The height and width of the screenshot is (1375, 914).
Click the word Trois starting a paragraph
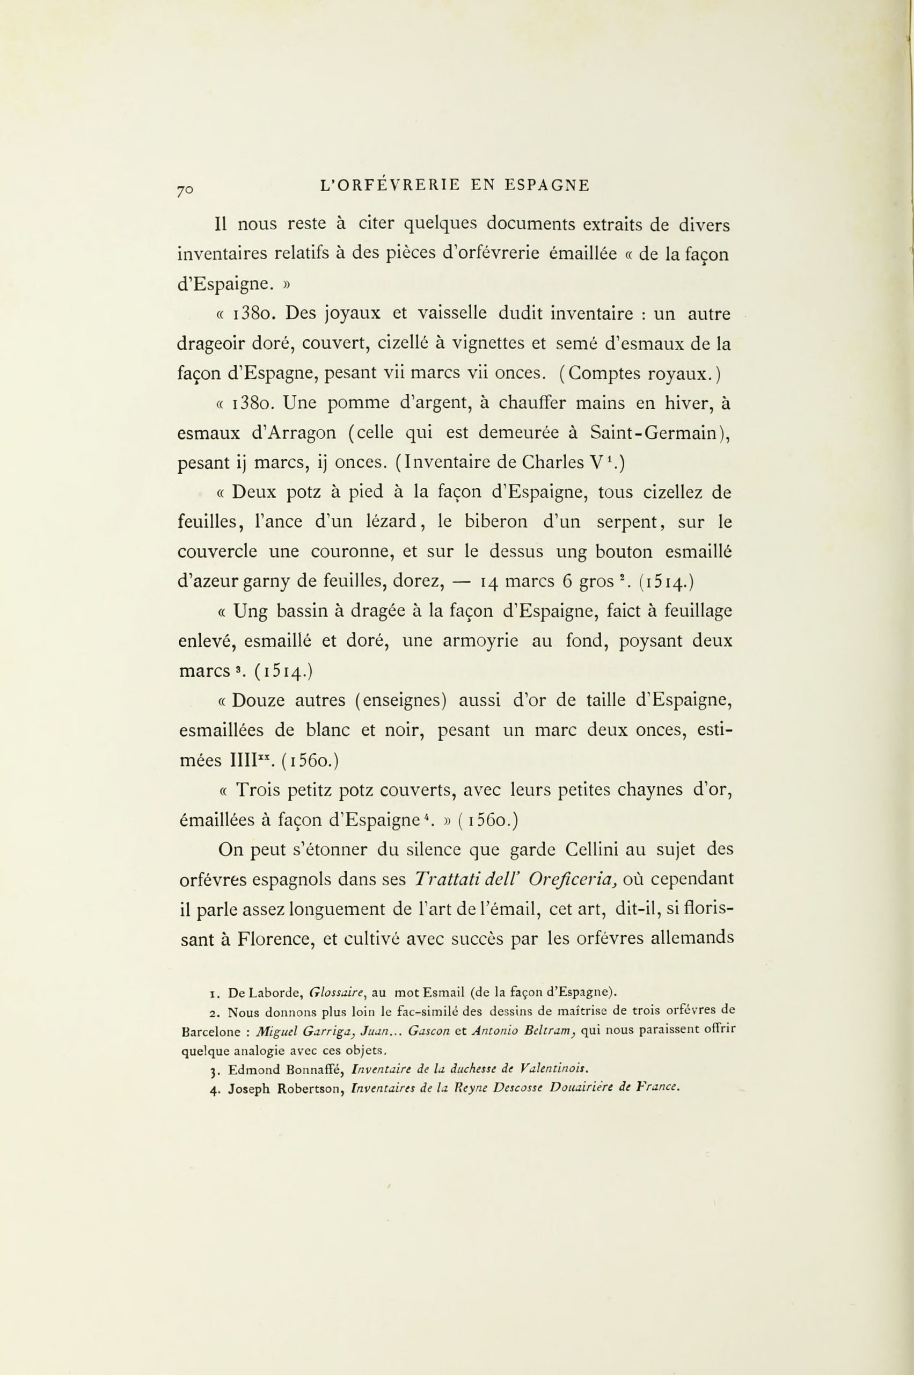259,790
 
